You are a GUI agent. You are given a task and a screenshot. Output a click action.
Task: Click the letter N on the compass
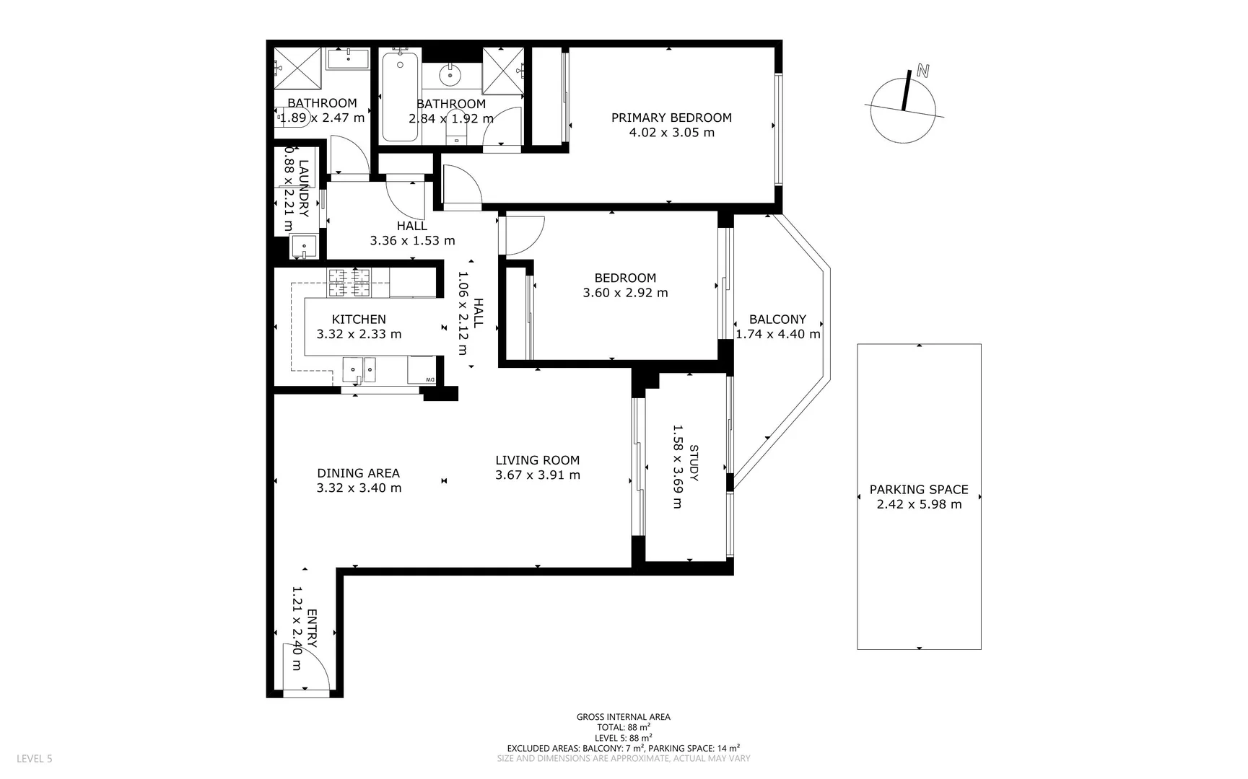[922, 71]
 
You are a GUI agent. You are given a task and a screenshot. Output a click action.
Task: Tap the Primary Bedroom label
[671, 118]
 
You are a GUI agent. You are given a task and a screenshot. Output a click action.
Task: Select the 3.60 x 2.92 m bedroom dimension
[625, 293]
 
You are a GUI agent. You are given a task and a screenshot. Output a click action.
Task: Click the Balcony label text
[777, 320]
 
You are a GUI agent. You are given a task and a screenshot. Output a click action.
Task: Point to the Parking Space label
[919, 489]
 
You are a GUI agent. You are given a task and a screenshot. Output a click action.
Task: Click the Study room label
[694, 463]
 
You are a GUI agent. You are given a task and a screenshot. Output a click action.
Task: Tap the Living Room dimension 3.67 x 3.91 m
[538, 475]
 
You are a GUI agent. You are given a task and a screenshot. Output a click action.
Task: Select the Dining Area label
[358, 473]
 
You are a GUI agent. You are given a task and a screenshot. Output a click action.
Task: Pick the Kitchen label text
[359, 319]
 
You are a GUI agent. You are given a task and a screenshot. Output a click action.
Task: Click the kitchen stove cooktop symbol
[349, 282]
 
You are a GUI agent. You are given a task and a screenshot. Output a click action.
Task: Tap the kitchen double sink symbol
[359, 370]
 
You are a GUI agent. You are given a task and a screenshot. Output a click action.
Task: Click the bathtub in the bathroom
[399, 96]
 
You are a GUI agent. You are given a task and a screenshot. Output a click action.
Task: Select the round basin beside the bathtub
[451, 74]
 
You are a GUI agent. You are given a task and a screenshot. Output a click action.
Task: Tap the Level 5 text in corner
[34, 759]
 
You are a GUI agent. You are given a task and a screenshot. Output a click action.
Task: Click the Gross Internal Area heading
[623, 717]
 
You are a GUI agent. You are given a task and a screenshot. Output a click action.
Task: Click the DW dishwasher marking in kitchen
[430, 379]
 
